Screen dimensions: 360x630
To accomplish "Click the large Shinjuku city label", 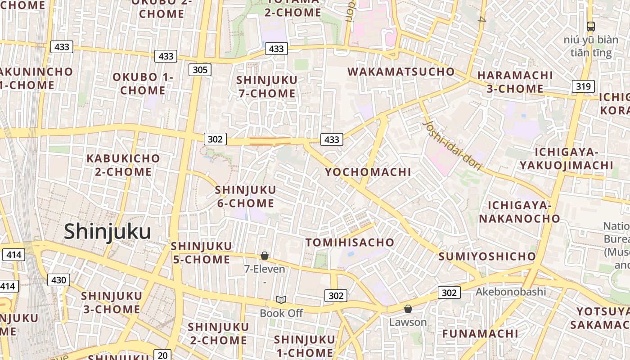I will tap(107, 232).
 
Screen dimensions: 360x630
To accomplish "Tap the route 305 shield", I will tap(200, 69).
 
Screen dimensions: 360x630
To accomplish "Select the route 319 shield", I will tap(583, 86).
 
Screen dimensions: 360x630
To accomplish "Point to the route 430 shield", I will tap(58, 280).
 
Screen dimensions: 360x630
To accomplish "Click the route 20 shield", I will tap(163, 355).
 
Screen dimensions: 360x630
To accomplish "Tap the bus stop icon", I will tap(591, 27).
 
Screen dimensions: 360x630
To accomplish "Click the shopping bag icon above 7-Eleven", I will tap(265, 256).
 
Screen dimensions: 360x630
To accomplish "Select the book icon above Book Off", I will tap(281, 300).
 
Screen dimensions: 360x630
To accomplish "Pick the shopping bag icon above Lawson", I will tap(408, 309).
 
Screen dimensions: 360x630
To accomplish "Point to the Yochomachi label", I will tap(368, 172).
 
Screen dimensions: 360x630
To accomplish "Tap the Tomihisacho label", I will tap(350, 242).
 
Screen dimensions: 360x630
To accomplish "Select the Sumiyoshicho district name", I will tap(487, 256).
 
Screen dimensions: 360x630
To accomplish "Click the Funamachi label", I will tap(480, 333).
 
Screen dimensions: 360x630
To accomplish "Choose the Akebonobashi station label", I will tap(511, 292).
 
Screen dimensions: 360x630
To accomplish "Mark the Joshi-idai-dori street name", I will tap(453, 146).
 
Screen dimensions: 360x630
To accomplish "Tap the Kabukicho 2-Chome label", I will tap(123, 165).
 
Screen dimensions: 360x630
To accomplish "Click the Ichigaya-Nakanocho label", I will tap(520, 212).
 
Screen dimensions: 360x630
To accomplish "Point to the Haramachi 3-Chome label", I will tap(515, 81).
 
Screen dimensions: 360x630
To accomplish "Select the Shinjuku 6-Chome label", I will tap(246, 196).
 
